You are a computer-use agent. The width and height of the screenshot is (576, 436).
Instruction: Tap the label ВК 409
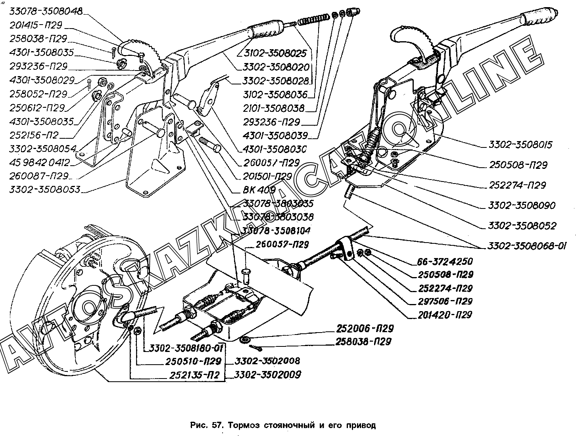tap(259, 190)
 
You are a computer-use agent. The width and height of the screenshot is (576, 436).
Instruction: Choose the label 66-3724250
tap(445, 262)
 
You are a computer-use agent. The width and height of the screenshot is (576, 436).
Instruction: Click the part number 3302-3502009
tap(267, 374)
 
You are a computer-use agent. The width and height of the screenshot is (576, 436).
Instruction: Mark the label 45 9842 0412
tap(40, 163)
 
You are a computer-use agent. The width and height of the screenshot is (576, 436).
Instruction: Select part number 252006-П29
tap(365, 329)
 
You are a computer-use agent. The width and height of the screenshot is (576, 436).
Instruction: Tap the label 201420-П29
tap(444, 315)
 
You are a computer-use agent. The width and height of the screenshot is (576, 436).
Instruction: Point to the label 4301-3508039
tap(275, 136)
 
